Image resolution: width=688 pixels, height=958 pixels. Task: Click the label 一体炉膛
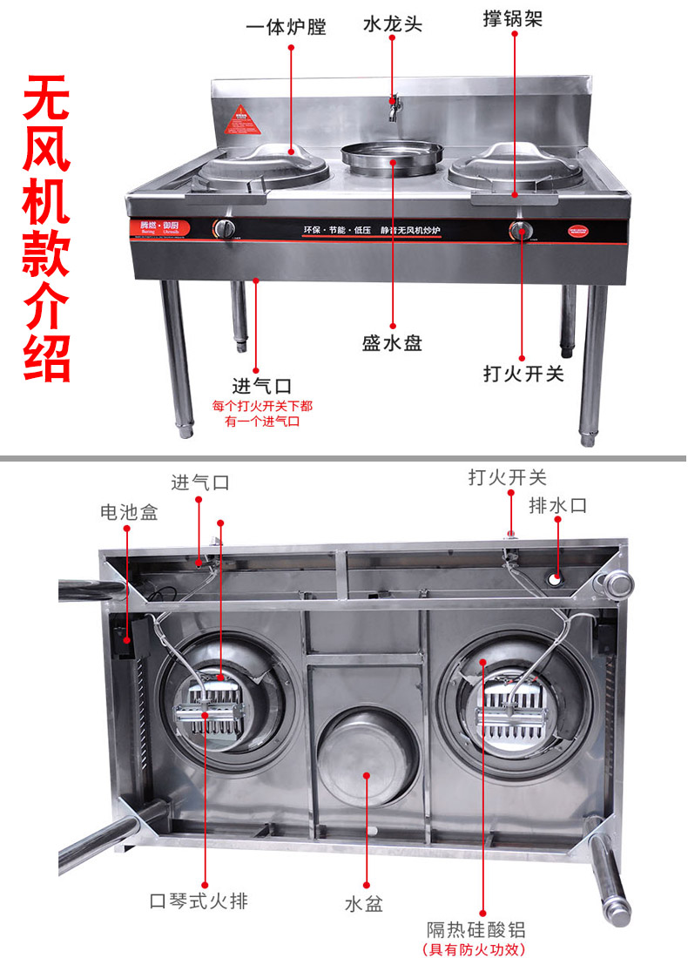286,26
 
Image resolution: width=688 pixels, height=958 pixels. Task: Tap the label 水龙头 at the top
392,24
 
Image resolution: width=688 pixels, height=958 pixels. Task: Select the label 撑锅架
513,18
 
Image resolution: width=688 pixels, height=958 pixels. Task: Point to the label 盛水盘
392,342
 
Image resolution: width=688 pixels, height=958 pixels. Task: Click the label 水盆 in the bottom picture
363,904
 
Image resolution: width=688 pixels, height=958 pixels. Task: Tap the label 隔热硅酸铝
476,929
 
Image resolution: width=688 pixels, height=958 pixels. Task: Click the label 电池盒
129,512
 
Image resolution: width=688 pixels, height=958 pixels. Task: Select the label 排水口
558,505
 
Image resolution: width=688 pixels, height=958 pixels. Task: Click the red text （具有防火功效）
476,949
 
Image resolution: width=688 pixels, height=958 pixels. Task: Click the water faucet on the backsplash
395,107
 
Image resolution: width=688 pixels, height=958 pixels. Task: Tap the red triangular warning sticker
243,120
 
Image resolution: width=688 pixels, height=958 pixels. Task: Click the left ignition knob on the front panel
225,229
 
